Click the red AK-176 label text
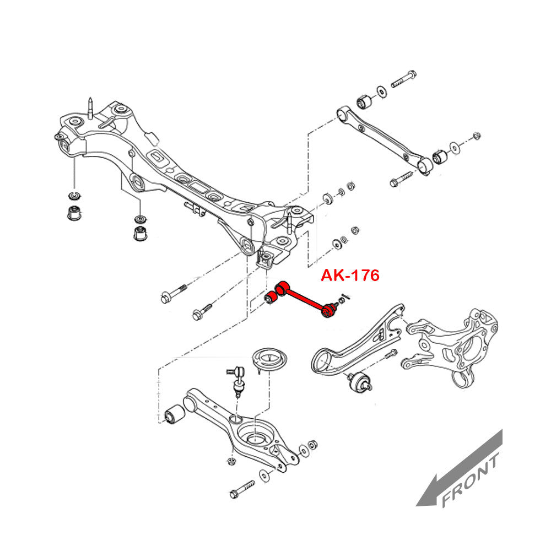(x=350, y=275)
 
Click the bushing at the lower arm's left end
(x=176, y=414)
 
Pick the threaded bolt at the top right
(x=403, y=79)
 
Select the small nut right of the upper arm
(x=477, y=136)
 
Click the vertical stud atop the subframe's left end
(x=89, y=106)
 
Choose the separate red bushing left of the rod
(x=271, y=298)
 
